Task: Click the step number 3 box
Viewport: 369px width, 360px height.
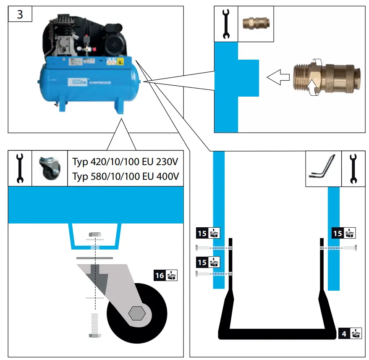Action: [20, 15]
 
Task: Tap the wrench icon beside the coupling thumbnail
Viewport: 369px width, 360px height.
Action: [226, 24]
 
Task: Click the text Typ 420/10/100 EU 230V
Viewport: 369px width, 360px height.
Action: [125, 162]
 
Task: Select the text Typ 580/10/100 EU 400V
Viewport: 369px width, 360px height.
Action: [125, 176]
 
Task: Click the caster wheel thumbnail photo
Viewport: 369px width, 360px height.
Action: [50, 168]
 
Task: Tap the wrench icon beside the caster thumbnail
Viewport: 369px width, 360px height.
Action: [20, 168]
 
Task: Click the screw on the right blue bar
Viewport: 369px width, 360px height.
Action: [350, 248]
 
